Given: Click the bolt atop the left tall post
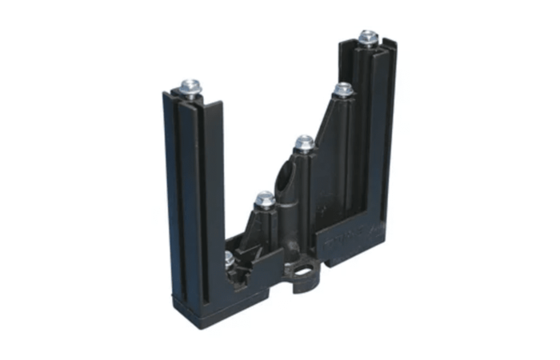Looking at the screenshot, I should tap(190, 86).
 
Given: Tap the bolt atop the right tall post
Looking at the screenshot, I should tap(367, 37).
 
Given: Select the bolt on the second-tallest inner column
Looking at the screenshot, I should tap(343, 89).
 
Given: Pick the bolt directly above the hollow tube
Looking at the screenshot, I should tap(304, 143).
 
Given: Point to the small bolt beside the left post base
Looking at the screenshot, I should tap(230, 258).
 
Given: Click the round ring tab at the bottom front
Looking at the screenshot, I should tap(304, 277).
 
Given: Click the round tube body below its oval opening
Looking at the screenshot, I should tap(290, 216).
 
